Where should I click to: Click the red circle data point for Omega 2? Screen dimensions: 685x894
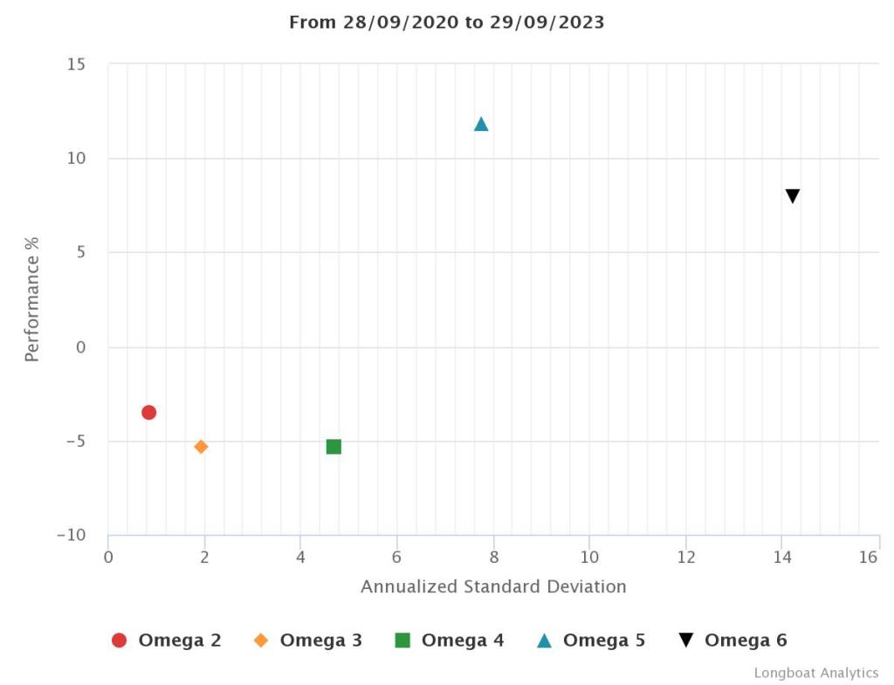[x=148, y=412]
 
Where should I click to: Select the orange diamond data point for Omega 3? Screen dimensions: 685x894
[x=201, y=447]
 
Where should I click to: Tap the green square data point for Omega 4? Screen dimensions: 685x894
[x=334, y=447]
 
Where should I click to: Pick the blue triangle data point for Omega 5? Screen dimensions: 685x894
[x=481, y=124]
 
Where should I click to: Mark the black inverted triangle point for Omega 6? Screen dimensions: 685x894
[x=793, y=196]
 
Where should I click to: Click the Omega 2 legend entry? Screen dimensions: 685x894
[x=167, y=640]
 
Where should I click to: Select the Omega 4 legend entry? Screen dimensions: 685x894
[x=450, y=640]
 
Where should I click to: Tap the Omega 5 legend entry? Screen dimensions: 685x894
[x=591, y=640]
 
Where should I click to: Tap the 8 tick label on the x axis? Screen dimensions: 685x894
[x=493, y=557]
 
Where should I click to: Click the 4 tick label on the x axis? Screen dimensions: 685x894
[x=300, y=557]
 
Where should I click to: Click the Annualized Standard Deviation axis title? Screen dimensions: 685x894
[x=493, y=586]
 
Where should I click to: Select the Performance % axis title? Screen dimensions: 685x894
[x=32, y=299]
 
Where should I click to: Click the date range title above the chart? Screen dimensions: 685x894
[x=446, y=23]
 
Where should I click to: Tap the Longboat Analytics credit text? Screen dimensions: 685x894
[x=816, y=673]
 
